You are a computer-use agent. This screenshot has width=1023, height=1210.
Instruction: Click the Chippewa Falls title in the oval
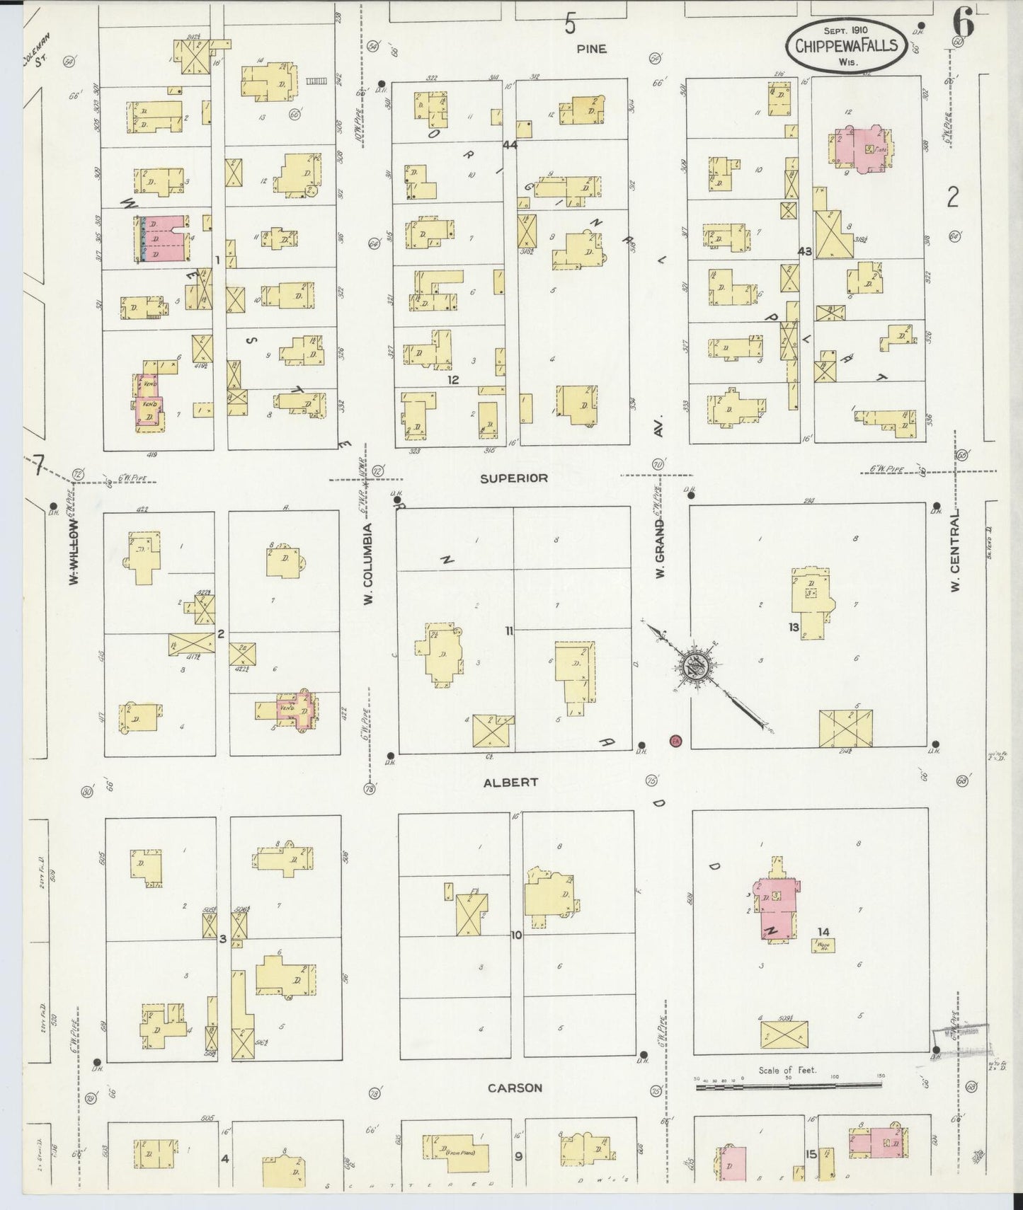click(x=846, y=46)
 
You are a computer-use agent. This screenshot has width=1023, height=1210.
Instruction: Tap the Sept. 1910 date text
click(x=846, y=30)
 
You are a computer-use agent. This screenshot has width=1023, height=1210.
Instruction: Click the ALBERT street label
click(x=510, y=783)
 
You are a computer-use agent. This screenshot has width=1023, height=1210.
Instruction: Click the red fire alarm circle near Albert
click(x=675, y=741)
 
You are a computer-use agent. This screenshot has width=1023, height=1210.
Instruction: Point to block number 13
click(x=794, y=628)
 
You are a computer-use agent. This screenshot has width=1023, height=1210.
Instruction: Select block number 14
click(x=822, y=932)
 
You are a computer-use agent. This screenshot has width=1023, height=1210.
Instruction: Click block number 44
click(x=510, y=146)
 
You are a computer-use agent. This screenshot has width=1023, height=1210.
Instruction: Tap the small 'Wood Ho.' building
click(x=823, y=945)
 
